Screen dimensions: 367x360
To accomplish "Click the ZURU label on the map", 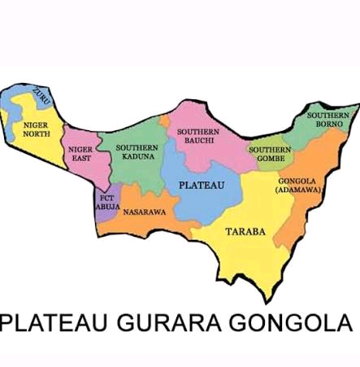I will (x=40, y=96).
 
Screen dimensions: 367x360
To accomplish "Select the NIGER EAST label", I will (x=80, y=154).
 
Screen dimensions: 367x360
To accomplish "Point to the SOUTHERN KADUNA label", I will (x=137, y=151).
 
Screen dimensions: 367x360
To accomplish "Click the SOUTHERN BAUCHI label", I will (x=198, y=136).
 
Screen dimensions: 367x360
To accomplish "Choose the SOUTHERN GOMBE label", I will (x=266, y=154).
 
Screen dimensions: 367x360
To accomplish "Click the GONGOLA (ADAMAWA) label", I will (x=299, y=185).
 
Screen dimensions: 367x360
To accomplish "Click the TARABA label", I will (x=245, y=231).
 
